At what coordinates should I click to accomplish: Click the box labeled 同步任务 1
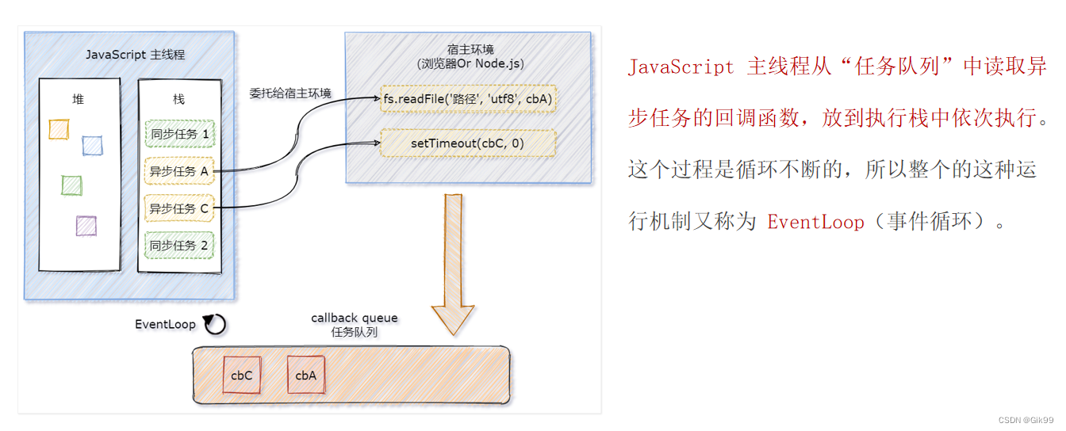(179, 134)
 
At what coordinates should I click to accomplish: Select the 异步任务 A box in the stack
(179, 171)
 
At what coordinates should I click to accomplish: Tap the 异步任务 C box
(179, 208)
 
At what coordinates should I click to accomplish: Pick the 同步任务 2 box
(179, 246)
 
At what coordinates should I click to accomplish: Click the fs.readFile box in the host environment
(468, 99)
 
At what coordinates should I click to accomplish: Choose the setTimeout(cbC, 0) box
(468, 143)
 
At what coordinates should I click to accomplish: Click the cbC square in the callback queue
(242, 375)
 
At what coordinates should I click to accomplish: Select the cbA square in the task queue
(305, 375)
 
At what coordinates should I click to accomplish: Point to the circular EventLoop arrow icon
(215, 324)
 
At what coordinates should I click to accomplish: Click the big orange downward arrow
(452, 261)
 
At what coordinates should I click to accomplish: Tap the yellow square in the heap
(59, 129)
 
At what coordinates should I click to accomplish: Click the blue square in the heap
(92, 146)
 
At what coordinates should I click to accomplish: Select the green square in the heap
(71, 185)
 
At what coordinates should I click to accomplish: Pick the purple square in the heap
(86, 226)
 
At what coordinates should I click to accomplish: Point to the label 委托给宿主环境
(290, 93)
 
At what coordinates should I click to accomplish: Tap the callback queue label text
(355, 318)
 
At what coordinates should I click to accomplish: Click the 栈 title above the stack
(178, 99)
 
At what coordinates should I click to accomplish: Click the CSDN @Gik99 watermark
(1026, 420)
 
